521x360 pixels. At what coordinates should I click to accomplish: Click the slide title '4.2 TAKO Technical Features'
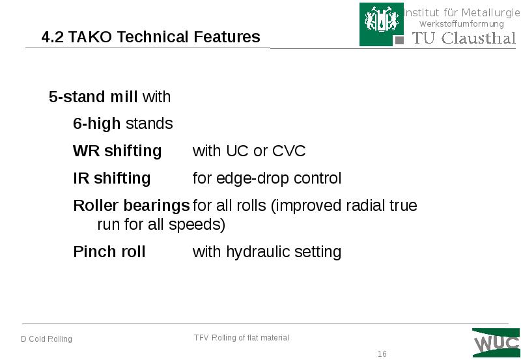coord(150,37)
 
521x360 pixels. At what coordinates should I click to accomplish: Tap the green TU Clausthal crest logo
coord(376,24)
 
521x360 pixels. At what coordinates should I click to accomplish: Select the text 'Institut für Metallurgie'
coord(458,12)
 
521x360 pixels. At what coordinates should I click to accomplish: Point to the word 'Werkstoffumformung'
coord(461,24)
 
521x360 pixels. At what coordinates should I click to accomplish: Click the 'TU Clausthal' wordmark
coord(463,38)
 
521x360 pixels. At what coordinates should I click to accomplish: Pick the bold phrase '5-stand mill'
coord(93,97)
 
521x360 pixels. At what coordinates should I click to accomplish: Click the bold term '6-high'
coord(96,124)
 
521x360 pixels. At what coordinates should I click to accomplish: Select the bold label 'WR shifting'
coord(117,151)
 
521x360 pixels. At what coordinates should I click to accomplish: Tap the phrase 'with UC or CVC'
coord(249,151)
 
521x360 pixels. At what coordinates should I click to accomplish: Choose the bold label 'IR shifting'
coord(111,178)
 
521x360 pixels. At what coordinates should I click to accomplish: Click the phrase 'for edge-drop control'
coord(267,178)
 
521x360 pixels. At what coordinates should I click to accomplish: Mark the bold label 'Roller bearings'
coord(131,206)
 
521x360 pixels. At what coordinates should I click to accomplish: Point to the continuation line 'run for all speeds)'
coord(161,225)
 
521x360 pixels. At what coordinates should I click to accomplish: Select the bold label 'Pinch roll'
coord(109,252)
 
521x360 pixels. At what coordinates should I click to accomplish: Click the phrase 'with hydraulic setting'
coord(267,252)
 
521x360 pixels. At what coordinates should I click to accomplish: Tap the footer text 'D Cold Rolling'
coord(46,339)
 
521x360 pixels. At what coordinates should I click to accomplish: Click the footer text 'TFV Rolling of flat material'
coord(241,338)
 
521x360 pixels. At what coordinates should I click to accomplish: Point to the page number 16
coord(382,354)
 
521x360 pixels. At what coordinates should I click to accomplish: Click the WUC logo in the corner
coord(496,342)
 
